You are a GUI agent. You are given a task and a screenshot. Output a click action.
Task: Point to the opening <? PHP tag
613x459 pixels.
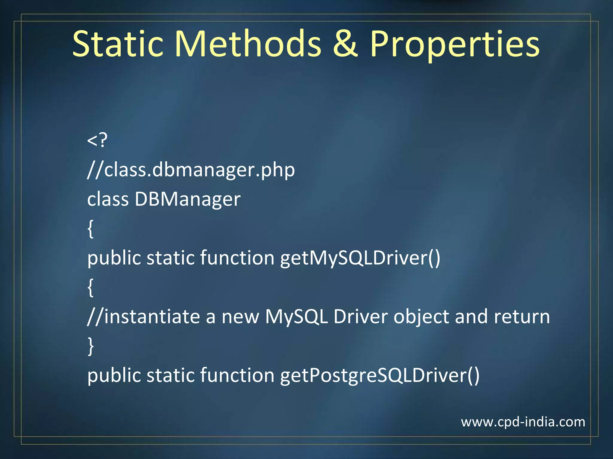coord(97,140)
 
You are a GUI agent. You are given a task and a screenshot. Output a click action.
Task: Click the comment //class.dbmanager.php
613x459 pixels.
coord(191,170)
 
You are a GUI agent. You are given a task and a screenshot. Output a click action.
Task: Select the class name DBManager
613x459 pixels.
coord(187,199)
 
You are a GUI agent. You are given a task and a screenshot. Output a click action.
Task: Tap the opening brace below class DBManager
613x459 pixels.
coord(91,229)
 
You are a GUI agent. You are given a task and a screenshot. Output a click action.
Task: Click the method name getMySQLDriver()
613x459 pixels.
coord(360,258)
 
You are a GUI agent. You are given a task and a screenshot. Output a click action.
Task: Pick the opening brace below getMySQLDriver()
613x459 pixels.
coord(91,287)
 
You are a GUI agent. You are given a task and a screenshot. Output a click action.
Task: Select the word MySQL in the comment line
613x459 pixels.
coord(296,316)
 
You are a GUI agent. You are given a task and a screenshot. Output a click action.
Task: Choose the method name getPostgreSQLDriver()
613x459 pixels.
coord(380,375)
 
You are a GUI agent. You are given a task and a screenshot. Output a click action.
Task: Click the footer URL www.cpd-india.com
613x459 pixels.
coord(523,422)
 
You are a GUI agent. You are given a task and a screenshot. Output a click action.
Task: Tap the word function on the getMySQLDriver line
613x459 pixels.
coord(237,258)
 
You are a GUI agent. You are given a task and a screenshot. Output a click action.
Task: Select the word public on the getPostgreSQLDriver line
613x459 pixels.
coord(114,375)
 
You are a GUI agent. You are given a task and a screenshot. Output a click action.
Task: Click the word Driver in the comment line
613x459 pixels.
coord(360,316)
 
